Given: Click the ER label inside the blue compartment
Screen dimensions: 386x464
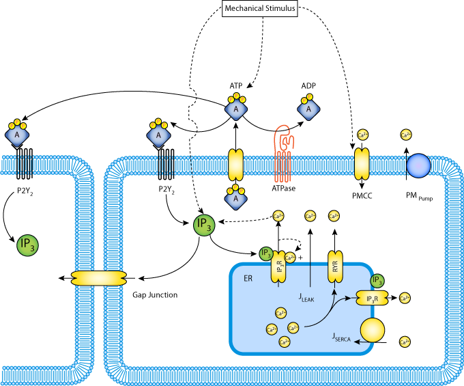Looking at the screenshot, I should (x=248, y=279).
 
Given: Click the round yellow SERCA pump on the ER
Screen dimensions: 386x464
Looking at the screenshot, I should (x=373, y=330).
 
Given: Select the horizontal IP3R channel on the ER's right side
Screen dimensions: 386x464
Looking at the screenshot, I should (x=372, y=298).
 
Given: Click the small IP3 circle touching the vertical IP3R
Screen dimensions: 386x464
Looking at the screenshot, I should (x=266, y=254).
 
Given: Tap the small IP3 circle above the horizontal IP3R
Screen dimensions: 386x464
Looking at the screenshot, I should (x=377, y=281).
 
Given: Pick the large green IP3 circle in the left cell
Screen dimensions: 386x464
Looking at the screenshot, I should (x=27, y=245).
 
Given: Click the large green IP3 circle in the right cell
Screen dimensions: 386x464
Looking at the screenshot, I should (x=204, y=225).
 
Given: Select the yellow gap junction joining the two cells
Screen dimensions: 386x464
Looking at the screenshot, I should (x=99, y=278).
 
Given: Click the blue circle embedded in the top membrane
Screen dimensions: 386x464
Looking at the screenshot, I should (x=418, y=165).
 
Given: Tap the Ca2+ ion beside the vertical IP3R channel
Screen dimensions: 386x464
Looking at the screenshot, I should (x=290, y=258).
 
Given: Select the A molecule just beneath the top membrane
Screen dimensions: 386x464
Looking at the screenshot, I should (x=236, y=198).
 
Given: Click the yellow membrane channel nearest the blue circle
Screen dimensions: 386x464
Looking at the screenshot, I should (x=362, y=165).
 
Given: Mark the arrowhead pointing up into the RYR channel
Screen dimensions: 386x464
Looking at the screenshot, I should (x=334, y=291).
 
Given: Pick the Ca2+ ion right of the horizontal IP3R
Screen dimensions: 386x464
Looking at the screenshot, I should (x=405, y=298).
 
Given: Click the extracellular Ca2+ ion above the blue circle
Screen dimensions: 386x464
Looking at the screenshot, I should (x=406, y=135).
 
